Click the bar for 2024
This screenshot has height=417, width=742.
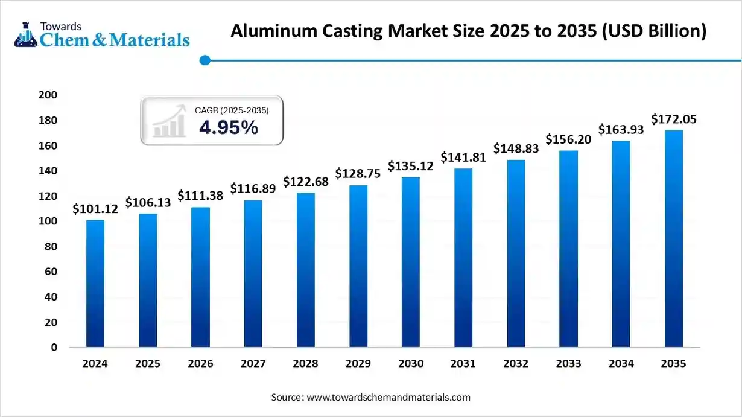(95, 284)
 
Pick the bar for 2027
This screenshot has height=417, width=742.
(253, 274)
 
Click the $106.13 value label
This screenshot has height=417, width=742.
(148, 203)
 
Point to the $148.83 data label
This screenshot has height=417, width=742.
(516, 148)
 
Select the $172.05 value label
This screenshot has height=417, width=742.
(674, 119)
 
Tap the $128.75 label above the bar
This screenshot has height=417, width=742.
(358, 174)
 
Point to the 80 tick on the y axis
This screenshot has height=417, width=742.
(50, 247)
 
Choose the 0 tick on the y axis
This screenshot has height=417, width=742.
(53, 348)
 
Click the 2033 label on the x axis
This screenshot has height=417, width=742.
(568, 364)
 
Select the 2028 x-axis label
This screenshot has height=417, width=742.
(305, 364)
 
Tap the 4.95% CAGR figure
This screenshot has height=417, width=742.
(229, 128)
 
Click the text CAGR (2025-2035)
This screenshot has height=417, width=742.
(232, 110)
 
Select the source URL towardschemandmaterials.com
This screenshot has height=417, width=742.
(388, 398)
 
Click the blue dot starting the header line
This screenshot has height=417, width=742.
(205, 60)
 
